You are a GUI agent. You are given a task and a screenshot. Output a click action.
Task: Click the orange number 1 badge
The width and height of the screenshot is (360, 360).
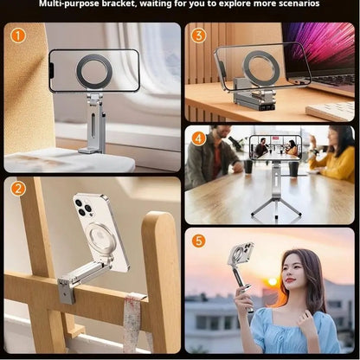pos(18,36)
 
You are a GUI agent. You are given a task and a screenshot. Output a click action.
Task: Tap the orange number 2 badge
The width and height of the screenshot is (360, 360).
pos(18,189)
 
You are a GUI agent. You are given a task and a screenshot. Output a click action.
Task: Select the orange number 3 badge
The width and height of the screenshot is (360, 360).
pos(198,36)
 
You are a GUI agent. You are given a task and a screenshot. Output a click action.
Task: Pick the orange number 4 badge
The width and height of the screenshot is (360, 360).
pos(198,138)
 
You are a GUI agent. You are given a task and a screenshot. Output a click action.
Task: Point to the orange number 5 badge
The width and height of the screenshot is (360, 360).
pos(198,241)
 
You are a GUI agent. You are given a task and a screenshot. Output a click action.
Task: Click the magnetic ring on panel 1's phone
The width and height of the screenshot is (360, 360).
pos(93,71)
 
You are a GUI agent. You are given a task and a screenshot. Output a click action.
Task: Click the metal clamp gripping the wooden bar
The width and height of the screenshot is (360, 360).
pos(67,285)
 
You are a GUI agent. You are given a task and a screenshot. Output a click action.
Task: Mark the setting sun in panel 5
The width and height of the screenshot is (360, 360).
pos(273,282)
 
